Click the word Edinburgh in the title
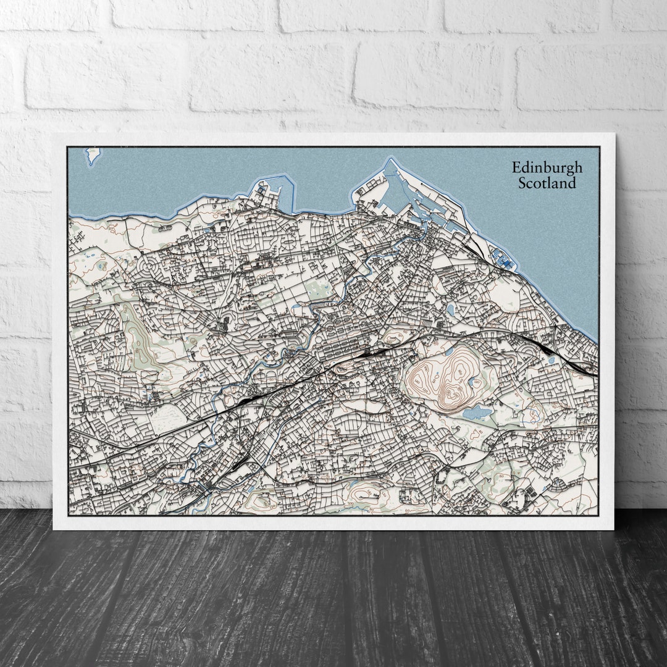[x=547, y=168]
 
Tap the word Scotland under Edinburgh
[x=547, y=183]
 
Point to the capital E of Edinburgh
[x=516, y=168]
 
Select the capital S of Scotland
[x=522, y=183]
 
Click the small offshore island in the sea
[x=93, y=154]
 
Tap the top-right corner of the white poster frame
[x=614, y=133]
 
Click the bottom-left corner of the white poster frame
[x=54, y=529]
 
